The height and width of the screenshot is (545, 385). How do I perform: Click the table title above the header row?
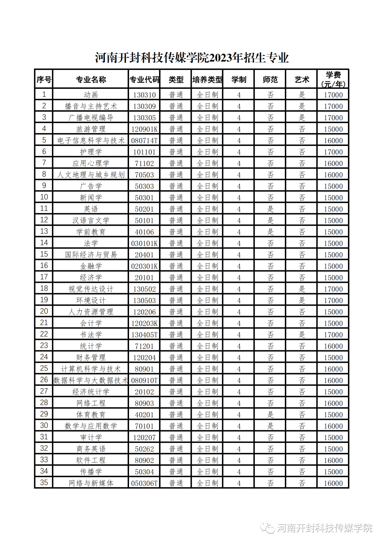(x=192, y=58)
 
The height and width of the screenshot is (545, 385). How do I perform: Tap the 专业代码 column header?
(x=144, y=80)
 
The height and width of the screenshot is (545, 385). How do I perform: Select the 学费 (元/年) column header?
(x=333, y=79)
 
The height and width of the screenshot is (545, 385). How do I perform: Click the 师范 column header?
(x=270, y=80)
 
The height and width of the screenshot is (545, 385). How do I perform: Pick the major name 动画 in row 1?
(x=91, y=95)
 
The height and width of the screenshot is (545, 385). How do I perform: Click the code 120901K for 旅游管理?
(x=144, y=129)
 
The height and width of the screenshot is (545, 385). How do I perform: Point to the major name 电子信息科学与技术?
(x=91, y=141)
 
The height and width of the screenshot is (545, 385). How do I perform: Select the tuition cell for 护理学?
(x=333, y=152)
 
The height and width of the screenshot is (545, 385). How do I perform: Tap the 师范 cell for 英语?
(x=270, y=209)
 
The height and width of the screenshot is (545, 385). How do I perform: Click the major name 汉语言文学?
(x=91, y=220)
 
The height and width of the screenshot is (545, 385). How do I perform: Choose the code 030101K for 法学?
(x=144, y=243)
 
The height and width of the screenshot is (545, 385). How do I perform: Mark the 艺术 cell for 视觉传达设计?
(x=302, y=289)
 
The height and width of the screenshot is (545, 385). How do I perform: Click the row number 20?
(x=44, y=311)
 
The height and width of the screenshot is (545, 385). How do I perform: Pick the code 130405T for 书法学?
(x=144, y=335)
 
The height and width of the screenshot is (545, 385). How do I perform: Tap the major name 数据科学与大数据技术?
(x=91, y=380)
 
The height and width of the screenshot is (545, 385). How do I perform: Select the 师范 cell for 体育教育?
(x=270, y=414)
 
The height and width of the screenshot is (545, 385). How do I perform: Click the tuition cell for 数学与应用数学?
(x=333, y=426)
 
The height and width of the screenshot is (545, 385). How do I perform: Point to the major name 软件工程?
(x=91, y=460)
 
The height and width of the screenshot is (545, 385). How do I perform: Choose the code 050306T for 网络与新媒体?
(x=144, y=483)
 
